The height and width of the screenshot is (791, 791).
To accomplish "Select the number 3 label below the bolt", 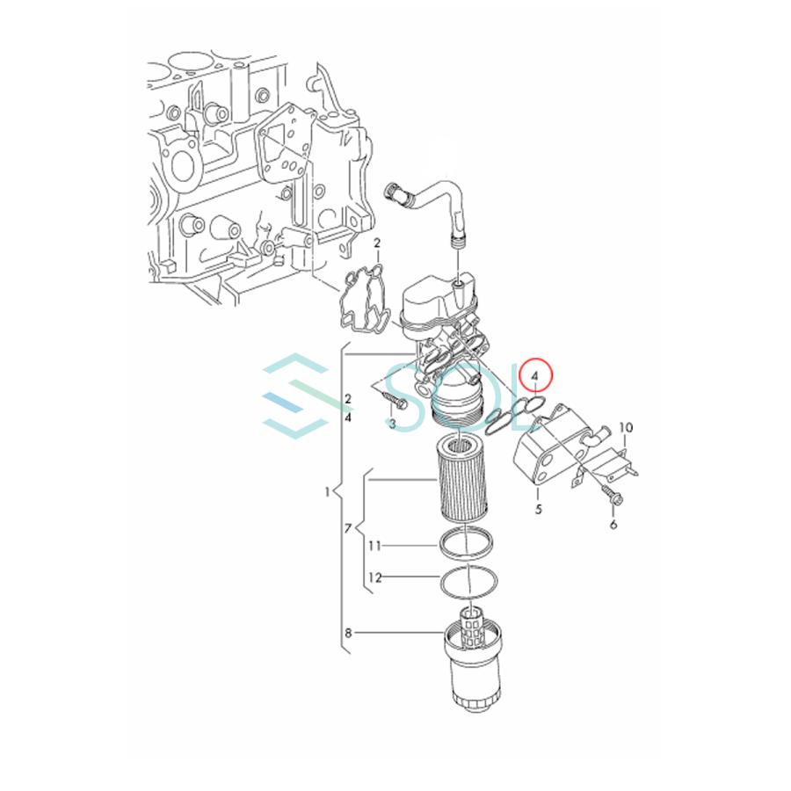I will coord(392,425).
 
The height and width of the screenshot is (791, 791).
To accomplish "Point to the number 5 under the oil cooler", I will coord(538,509).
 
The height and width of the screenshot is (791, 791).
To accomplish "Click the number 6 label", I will coord(613,525).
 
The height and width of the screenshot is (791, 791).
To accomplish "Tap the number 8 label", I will coord(348,632).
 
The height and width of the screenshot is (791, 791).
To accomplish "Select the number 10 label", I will coord(626,428).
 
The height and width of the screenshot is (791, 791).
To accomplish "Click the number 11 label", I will coord(374,546).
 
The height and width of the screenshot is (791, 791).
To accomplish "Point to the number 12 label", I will coord(374,577).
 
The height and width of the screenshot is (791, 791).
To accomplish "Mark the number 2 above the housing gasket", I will coord(376,243).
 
